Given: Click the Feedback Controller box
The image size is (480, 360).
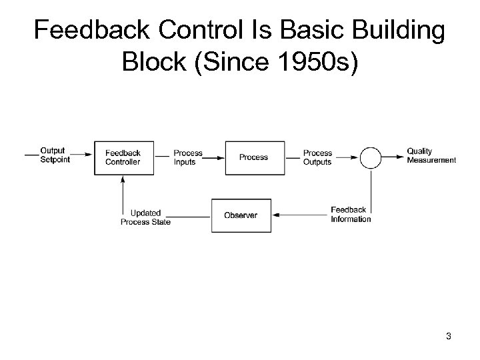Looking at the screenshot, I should [x=123, y=157].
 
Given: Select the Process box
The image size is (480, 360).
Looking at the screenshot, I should [x=253, y=157].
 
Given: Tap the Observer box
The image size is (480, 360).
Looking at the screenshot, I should [x=241, y=215].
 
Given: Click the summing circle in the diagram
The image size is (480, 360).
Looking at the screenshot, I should [x=371, y=157].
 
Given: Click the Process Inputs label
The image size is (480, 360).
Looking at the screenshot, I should [x=188, y=157].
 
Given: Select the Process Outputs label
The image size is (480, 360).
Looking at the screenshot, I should [x=318, y=157].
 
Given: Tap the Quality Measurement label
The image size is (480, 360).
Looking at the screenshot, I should [x=431, y=155].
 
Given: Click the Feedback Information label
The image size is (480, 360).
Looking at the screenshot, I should [x=351, y=215].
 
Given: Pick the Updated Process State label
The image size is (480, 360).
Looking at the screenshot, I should [x=145, y=217].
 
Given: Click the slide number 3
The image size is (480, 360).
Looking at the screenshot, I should [x=449, y=336].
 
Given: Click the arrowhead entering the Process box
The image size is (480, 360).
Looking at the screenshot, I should [x=222, y=157].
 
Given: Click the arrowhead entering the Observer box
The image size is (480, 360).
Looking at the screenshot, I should [x=274, y=215].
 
